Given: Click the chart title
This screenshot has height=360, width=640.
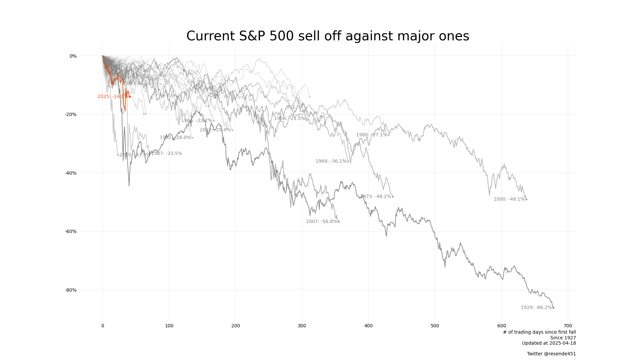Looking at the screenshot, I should (328, 36).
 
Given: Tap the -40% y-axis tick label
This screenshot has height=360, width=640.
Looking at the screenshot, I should (71, 173).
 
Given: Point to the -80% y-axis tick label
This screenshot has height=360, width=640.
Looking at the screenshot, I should (71, 290).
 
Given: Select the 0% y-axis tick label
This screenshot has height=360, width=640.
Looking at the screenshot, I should (73, 56).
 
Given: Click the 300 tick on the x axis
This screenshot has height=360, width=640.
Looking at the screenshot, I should (302, 326).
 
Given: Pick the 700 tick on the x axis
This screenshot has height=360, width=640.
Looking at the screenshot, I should (568, 326).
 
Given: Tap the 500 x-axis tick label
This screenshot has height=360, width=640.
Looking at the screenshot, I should (435, 326).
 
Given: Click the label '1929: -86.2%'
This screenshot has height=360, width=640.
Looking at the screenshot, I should (536, 308).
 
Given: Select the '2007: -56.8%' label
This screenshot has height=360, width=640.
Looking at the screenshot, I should (321, 222).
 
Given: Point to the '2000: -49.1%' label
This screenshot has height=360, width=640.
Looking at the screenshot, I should (509, 199).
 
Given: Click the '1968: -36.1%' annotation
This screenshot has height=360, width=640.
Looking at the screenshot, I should (331, 161).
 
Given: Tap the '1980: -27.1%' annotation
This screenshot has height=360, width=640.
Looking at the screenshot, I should (371, 135).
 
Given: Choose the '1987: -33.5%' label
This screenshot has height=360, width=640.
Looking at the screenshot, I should (166, 154).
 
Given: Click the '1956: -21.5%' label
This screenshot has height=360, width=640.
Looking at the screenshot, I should (289, 119).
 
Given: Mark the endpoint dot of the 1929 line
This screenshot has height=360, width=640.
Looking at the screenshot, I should (553, 308).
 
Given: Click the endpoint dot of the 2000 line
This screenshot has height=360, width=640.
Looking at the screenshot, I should (526, 199).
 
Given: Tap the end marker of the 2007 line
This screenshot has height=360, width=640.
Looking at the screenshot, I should (339, 222).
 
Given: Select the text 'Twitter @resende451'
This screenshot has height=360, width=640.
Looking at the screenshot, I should (551, 354).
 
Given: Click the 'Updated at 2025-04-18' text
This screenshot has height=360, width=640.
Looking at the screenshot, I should (549, 343).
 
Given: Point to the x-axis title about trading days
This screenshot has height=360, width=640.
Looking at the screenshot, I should (539, 332).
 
